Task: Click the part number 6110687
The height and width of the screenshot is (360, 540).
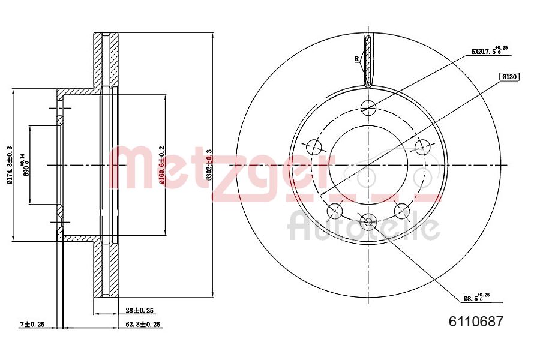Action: coord(476,321)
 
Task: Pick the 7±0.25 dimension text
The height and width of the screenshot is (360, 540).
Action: coord(32,324)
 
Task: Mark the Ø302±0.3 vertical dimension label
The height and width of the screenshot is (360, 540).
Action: coord(209,165)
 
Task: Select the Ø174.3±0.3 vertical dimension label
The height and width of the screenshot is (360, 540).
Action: coord(10,165)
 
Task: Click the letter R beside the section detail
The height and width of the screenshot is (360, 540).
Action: coord(356,59)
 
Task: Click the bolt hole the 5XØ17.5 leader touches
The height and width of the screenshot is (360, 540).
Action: coord(368,107)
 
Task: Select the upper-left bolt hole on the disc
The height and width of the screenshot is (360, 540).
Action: coord(313,146)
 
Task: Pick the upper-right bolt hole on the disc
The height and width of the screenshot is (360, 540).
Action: coord(424,146)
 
